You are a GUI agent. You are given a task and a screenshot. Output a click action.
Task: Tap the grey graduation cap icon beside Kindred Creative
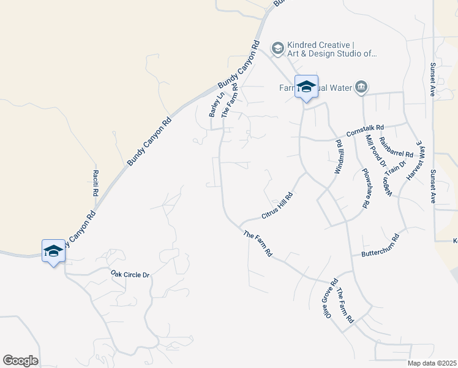[277, 48]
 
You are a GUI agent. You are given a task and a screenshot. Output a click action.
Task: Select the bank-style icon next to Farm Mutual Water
[361, 88]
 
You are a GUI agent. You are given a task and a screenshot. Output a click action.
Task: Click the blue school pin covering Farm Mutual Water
[306, 87]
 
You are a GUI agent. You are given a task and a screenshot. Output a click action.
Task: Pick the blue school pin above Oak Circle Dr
[53, 250]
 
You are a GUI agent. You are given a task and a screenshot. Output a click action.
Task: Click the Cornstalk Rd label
[364, 130]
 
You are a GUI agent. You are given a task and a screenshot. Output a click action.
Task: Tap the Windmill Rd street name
[339, 157]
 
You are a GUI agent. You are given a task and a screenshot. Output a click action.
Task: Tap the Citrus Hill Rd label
[277, 206]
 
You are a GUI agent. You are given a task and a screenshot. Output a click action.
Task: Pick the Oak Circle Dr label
[130, 274]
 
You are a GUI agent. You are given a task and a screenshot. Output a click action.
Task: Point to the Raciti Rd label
[96, 183]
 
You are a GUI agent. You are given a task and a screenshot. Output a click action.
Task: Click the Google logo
[20, 361]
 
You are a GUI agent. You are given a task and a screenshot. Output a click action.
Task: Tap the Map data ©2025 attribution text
[432, 363]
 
